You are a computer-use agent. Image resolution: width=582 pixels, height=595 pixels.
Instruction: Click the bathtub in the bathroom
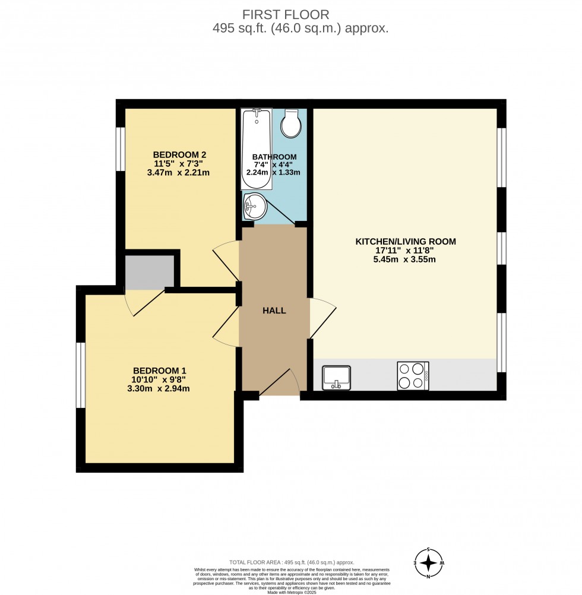[257, 148]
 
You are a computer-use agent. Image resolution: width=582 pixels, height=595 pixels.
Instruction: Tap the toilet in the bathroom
[292, 124]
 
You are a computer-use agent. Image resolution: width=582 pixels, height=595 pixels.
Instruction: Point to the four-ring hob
[413, 376]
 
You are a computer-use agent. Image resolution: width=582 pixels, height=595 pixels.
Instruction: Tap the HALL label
[274, 311]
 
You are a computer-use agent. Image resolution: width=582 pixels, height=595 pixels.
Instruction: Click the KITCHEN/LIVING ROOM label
[406, 242]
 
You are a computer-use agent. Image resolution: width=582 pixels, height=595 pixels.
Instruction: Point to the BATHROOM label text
[274, 157]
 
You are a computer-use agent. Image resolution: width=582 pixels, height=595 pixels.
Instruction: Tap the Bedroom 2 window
[121, 148]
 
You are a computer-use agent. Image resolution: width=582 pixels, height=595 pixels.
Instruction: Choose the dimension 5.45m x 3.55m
[406, 260]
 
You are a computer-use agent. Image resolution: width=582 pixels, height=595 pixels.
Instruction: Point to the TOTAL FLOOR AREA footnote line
[292, 562]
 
